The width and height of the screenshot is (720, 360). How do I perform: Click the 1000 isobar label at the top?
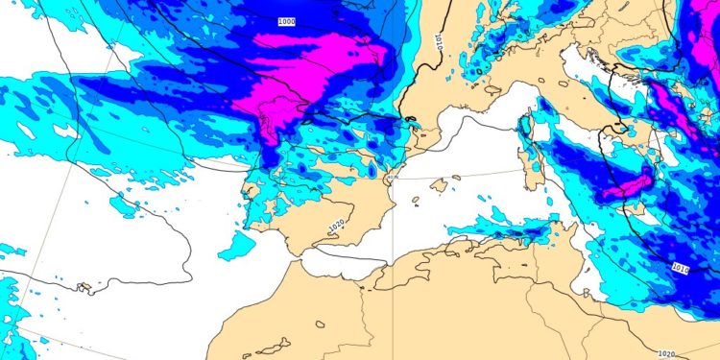point(286,21)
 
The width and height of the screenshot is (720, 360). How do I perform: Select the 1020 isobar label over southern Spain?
point(336,226)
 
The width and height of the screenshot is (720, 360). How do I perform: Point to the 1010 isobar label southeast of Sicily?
point(680,267)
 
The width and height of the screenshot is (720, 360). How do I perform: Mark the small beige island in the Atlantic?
point(84,286)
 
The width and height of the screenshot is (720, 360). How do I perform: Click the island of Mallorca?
point(440,184)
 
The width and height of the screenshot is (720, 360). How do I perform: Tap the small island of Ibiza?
point(418,202)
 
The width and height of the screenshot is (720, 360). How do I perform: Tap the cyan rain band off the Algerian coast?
point(499,230)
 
